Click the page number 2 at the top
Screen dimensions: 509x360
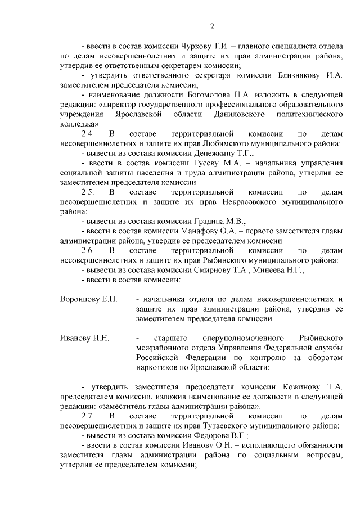pyautogui.click(x=212, y=26)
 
